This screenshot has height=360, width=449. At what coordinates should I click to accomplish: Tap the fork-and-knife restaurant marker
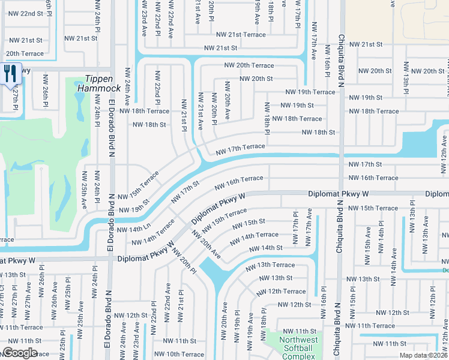pyautogui.click(x=11, y=74)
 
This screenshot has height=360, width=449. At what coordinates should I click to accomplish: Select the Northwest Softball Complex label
pyautogui.click(x=295, y=348)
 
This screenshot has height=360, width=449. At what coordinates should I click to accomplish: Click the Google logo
pyautogui.click(x=19, y=353)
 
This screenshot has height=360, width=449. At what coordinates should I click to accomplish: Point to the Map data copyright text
pyautogui.click(x=424, y=355)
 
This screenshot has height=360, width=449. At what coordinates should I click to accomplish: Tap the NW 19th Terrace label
pyautogui.click(x=310, y=92)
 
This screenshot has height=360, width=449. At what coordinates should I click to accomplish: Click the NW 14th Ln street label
pyautogui.click(x=134, y=230)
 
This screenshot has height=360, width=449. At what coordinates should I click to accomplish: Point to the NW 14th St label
pyautogui.click(x=265, y=248)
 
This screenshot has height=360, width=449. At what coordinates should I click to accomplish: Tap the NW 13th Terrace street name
pyautogui.click(x=276, y=265)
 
